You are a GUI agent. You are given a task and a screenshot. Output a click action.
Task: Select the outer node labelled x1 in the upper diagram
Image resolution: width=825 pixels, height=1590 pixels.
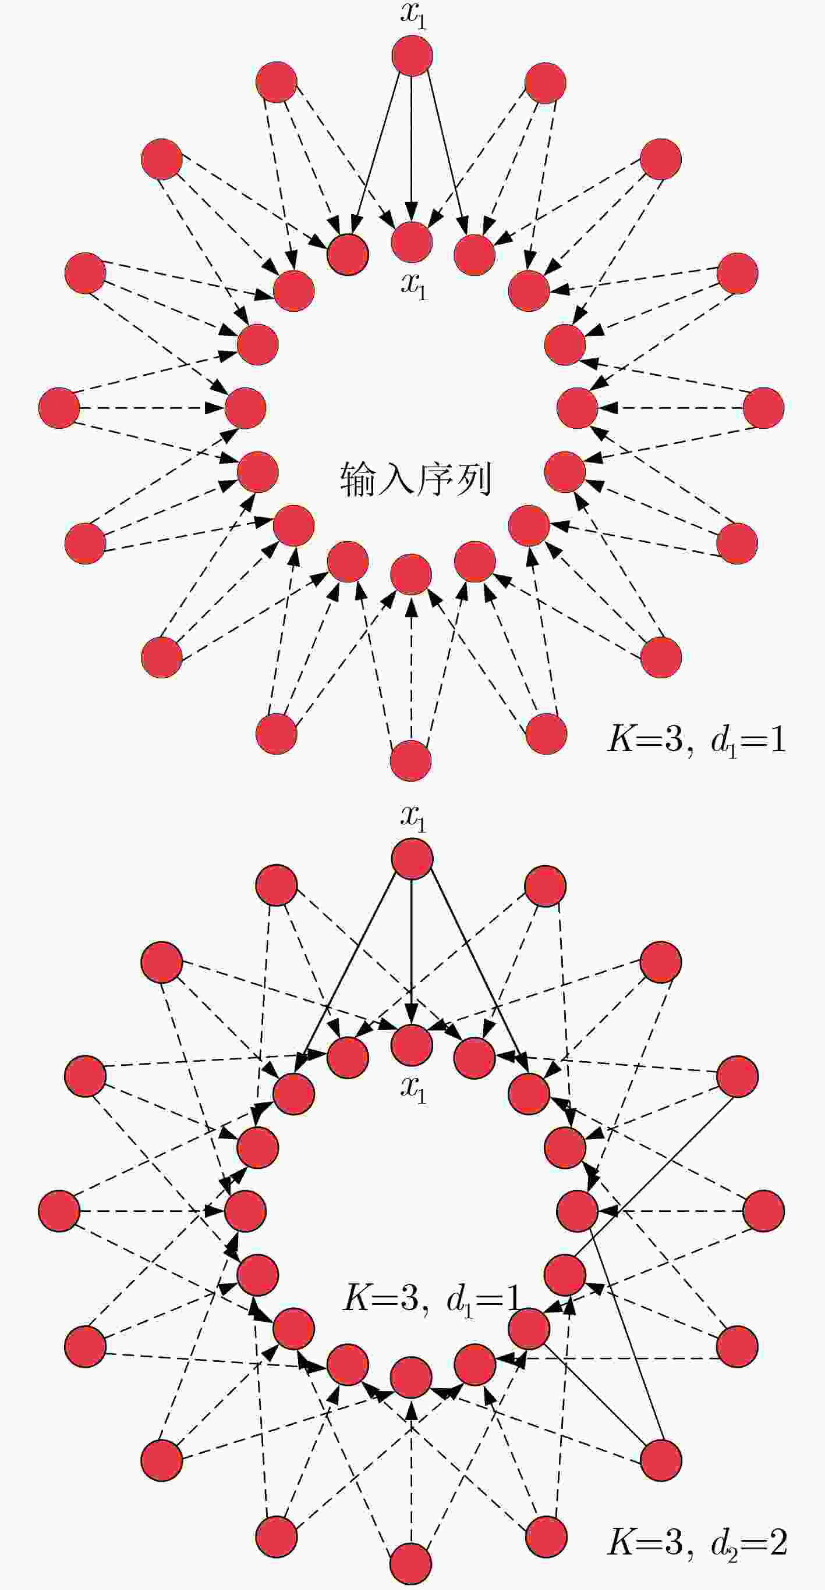point(412,55)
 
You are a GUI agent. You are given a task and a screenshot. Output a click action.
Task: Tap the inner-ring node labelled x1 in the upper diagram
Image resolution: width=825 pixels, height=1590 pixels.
point(412,242)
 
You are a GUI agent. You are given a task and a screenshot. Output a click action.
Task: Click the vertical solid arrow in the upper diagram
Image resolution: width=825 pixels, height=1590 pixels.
point(412,148)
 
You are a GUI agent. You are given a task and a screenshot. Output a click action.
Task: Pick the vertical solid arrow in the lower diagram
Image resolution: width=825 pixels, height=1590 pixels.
point(412,951)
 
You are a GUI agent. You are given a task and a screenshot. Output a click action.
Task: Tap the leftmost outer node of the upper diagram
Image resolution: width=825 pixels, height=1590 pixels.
point(59,408)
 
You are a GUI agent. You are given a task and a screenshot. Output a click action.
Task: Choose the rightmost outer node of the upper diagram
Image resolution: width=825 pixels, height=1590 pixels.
point(764,408)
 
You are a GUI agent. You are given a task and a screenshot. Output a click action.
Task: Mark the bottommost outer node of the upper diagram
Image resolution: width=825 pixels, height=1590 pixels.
point(411,760)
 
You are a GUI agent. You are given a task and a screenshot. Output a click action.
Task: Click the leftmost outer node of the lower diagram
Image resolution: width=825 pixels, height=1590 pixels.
point(59,1211)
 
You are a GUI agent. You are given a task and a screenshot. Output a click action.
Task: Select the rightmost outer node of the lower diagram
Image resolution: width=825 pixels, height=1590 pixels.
point(764,1211)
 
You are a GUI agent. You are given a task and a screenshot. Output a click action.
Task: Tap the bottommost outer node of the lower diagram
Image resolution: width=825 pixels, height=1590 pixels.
point(411,1563)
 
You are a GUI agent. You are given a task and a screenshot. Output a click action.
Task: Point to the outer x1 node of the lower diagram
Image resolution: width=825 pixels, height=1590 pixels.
point(412,859)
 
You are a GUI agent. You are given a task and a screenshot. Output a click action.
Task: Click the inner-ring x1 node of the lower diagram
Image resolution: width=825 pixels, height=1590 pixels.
point(412,1045)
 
